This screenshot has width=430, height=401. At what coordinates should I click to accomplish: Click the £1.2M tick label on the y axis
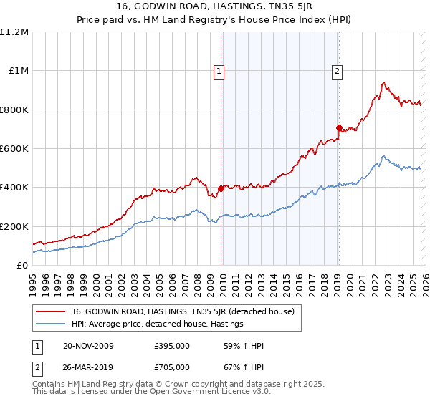tap(15, 32)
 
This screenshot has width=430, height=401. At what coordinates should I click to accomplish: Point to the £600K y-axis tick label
tap(14, 149)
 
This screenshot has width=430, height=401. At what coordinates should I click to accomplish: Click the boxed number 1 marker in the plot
tap(219, 71)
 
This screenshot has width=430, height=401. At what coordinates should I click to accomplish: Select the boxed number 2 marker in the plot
tap(337, 71)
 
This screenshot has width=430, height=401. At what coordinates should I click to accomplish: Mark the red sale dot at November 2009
tap(221, 189)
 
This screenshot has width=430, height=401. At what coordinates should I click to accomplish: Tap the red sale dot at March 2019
tap(339, 128)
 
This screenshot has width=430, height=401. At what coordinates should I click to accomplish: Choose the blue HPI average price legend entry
tap(158, 324)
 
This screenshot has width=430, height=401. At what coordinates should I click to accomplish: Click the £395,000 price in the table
tap(172, 346)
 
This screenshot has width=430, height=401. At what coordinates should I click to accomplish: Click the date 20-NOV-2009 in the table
tap(88, 346)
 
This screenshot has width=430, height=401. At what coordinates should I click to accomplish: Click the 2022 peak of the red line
tap(384, 82)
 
